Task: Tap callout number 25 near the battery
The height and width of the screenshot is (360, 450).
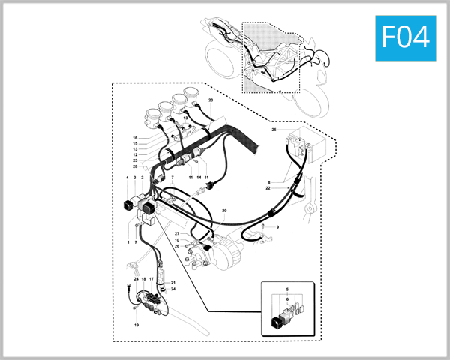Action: pyautogui.click(x=274, y=130)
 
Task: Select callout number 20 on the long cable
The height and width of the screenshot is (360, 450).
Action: pyautogui.click(x=224, y=211)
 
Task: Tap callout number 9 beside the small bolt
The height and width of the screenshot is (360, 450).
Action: pyautogui.click(x=277, y=226)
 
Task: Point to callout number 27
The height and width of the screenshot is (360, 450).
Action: pyautogui.click(x=177, y=240)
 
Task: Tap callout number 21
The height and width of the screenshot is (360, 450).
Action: pyautogui.click(x=172, y=283)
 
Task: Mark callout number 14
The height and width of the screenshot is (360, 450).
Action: pyautogui.click(x=199, y=177)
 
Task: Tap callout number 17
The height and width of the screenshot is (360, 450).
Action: pyautogui.click(x=151, y=278)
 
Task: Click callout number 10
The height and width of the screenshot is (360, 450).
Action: pyautogui.click(x=177, y=240)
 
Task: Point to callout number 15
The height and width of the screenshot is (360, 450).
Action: pyautogui.click(x=135, y=143)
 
